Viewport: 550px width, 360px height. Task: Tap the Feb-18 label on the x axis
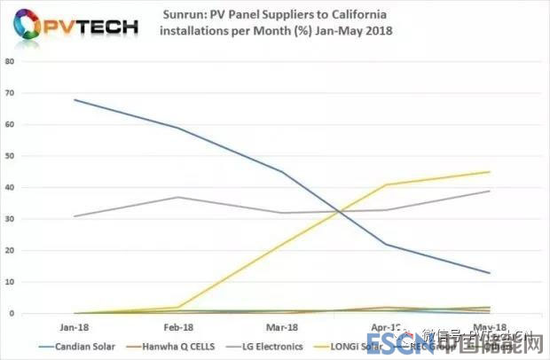pyautogui.click(x=178, y=325)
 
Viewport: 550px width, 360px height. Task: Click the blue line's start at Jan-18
pyautogui.click(x=75, y=99)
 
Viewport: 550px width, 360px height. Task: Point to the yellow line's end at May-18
pyautogui.click(x=490, y=172)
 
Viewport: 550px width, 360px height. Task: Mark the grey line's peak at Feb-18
pyautogui.click(x=178, y=197)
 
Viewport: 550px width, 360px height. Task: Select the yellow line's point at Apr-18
pyautogui.click(x=386, y=184)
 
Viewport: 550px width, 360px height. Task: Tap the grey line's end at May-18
pyautogui.click(x=490, y=191)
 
